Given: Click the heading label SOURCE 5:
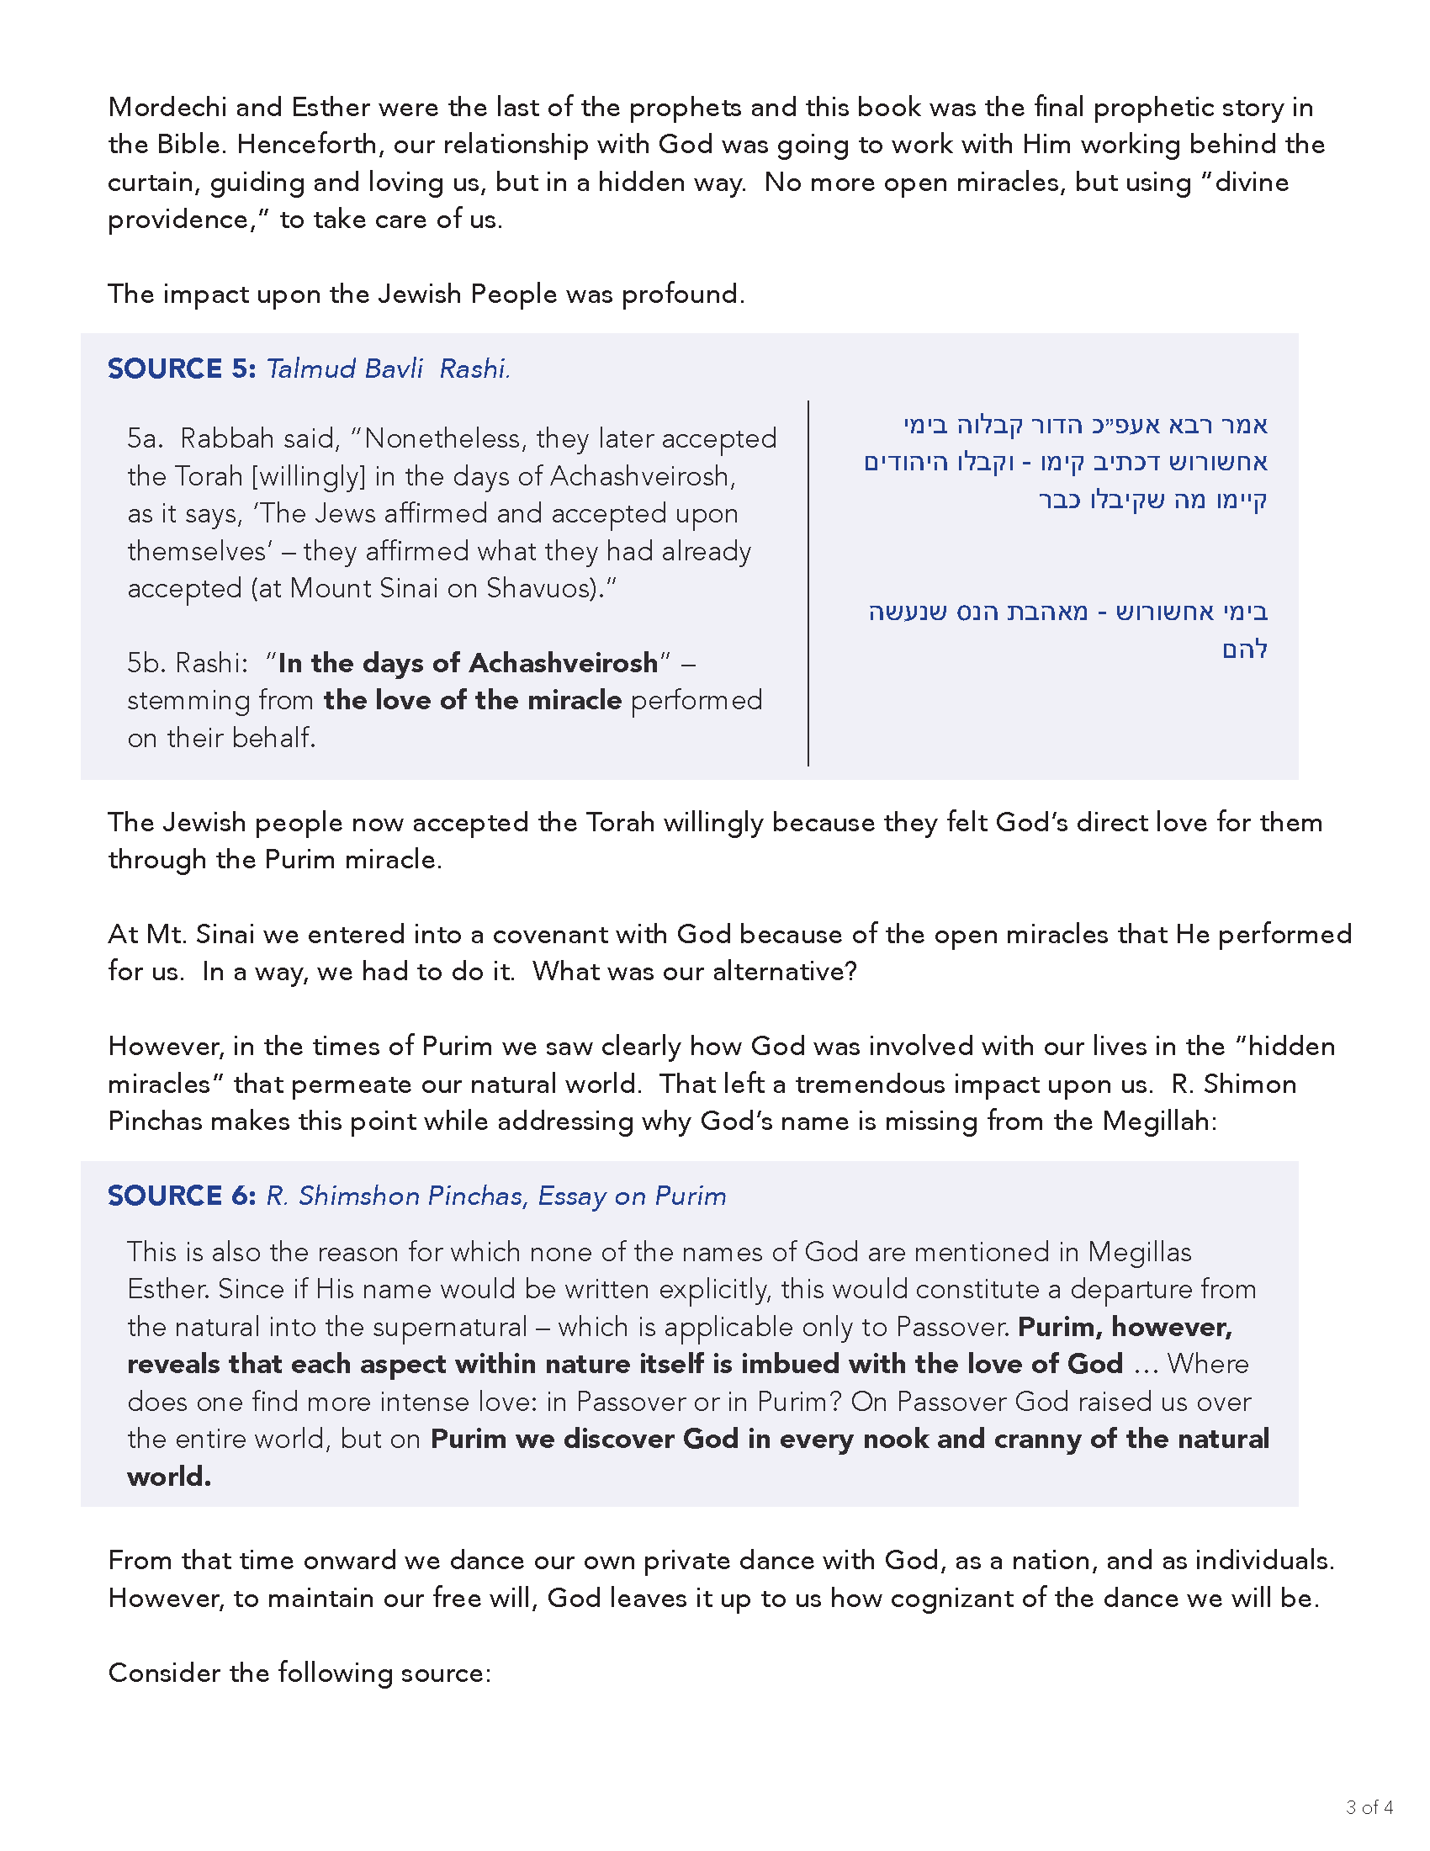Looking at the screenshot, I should [x=182, y=369].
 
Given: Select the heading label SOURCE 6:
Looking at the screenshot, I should [x=182, y=1196].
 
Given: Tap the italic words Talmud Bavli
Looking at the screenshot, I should [x=344, y=369].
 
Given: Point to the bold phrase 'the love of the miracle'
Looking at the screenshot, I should [x=473, y=700].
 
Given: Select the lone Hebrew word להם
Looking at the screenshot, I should [x=1244, y=650].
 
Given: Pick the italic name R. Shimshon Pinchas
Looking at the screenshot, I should [x=395, y=1196].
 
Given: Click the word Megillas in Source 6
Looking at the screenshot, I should [x=1140, y=1252].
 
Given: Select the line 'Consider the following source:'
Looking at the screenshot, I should [x=299, y=1673].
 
